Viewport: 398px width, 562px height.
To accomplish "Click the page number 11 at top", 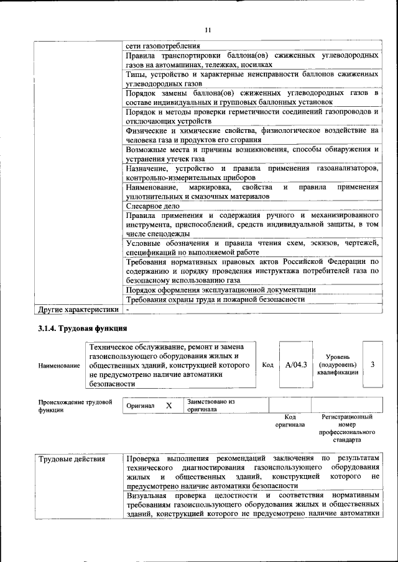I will [208, 30].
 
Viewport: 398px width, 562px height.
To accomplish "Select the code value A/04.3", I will [296, 365].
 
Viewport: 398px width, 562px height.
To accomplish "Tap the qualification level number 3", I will [372, 365].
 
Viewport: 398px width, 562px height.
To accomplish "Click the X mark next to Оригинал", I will [169, 406].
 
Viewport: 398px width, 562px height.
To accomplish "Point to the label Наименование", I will [59, 366].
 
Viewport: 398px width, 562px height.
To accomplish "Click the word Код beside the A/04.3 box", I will [267, 365].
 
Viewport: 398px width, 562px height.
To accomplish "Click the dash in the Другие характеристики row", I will [127, 309].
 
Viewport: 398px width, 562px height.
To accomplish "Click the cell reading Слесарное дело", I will [152, 206].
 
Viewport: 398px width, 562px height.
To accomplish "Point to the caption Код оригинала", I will [290, 420].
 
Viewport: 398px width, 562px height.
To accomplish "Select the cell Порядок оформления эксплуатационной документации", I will [220, 289].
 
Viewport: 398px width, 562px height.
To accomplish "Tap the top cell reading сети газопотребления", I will [162, 46].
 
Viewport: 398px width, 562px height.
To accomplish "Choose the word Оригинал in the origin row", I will [140, 406].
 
